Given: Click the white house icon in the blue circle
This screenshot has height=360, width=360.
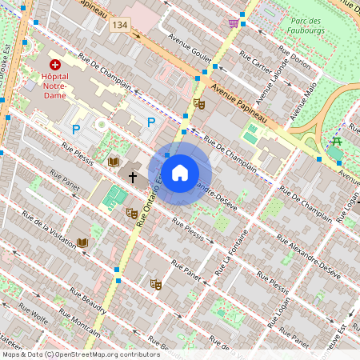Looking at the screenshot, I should (180, 173).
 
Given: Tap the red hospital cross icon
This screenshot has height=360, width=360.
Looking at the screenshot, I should (55, 64).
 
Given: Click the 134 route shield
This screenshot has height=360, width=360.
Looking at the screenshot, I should (120, 26).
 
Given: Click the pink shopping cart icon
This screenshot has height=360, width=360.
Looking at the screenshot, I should (233, 22).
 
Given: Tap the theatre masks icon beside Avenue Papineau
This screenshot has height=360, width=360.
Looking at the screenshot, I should (199, 103).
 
